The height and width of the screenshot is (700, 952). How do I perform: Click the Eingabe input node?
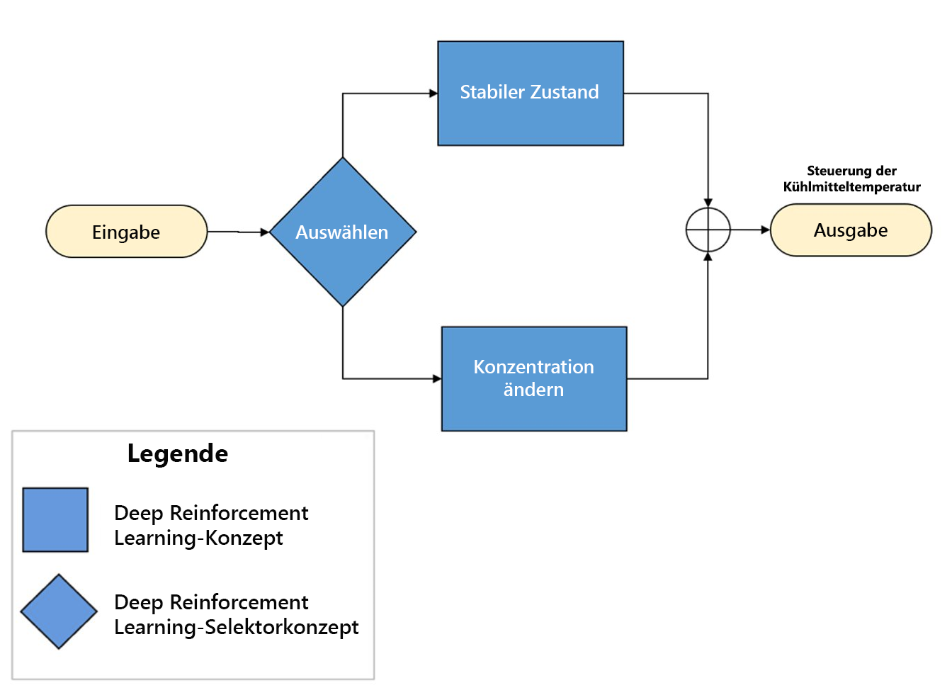click(126, 232)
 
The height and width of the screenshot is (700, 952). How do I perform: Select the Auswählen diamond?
click(343, 232)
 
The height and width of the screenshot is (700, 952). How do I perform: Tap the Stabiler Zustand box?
click(530, 93)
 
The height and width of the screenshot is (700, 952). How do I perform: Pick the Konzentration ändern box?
click(533, 378)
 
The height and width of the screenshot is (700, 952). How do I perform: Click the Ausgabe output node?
click(850, 230)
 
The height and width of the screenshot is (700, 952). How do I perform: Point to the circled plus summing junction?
click(708, 230)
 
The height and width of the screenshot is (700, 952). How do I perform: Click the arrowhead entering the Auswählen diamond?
click(265, 232)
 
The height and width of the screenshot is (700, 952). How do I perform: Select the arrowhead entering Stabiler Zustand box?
click(433, 93)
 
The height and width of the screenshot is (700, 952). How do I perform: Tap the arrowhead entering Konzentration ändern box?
click(437, 378)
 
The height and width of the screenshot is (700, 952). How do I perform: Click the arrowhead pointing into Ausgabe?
click(766, 230)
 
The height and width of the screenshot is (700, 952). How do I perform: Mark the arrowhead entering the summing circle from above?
click(708, 203)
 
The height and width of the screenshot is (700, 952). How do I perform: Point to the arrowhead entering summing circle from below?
click(708, 256)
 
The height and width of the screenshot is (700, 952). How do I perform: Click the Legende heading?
click(178, 453)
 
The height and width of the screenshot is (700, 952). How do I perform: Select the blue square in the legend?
click(55, 519)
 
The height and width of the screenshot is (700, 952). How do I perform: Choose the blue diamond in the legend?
click(59, 611)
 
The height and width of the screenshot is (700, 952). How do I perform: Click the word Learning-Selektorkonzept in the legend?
click(236, 627)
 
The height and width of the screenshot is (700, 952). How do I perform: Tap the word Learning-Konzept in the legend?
click(198, 538)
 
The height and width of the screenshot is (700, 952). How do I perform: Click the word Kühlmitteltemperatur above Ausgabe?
click(851, 187)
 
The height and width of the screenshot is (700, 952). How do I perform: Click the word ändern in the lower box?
click(533, 390)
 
